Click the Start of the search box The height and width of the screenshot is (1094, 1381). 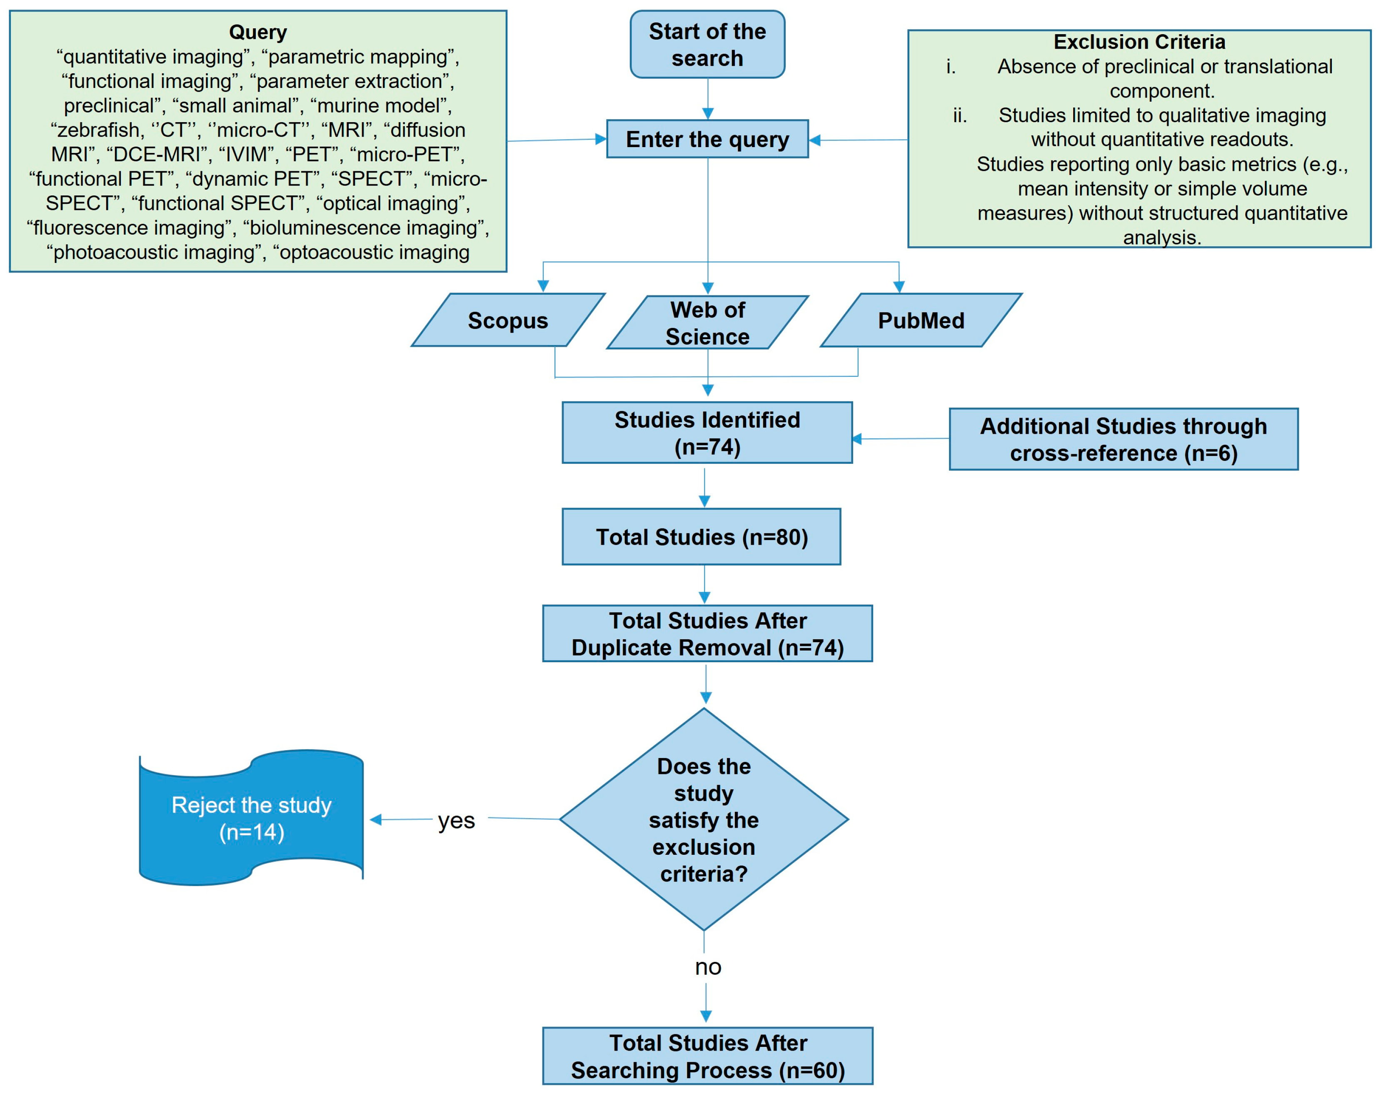coord(707,44)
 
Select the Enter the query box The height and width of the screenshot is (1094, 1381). coord(707,139)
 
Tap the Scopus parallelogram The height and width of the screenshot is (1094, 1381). coord(508,320)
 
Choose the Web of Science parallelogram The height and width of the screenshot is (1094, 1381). coord(707,322)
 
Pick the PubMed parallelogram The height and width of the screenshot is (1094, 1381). coord(921,320)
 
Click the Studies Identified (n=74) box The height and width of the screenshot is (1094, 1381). coord(707,432)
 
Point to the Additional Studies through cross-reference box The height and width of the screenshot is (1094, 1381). coord(1123,439)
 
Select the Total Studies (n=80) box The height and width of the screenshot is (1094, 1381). coord(701,537)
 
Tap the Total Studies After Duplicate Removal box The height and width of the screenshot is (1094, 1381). coord(707,633)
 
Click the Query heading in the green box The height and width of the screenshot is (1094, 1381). coord(258,32)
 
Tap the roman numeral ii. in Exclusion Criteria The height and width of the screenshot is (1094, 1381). coord(960,115)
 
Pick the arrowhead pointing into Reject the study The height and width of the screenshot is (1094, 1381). coord(376,820)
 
